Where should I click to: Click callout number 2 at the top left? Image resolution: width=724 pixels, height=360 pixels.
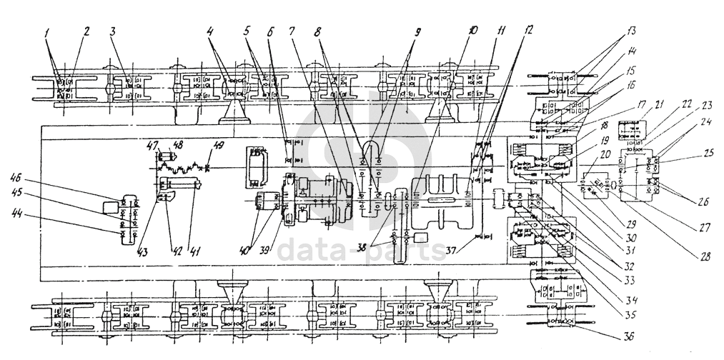(x=86, y=32)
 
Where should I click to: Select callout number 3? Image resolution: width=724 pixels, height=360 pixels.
(x=113, y=32)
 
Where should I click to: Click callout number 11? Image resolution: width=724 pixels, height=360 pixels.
(x=501, y=31)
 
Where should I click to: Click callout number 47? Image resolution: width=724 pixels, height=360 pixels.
(x=152, y=145)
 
